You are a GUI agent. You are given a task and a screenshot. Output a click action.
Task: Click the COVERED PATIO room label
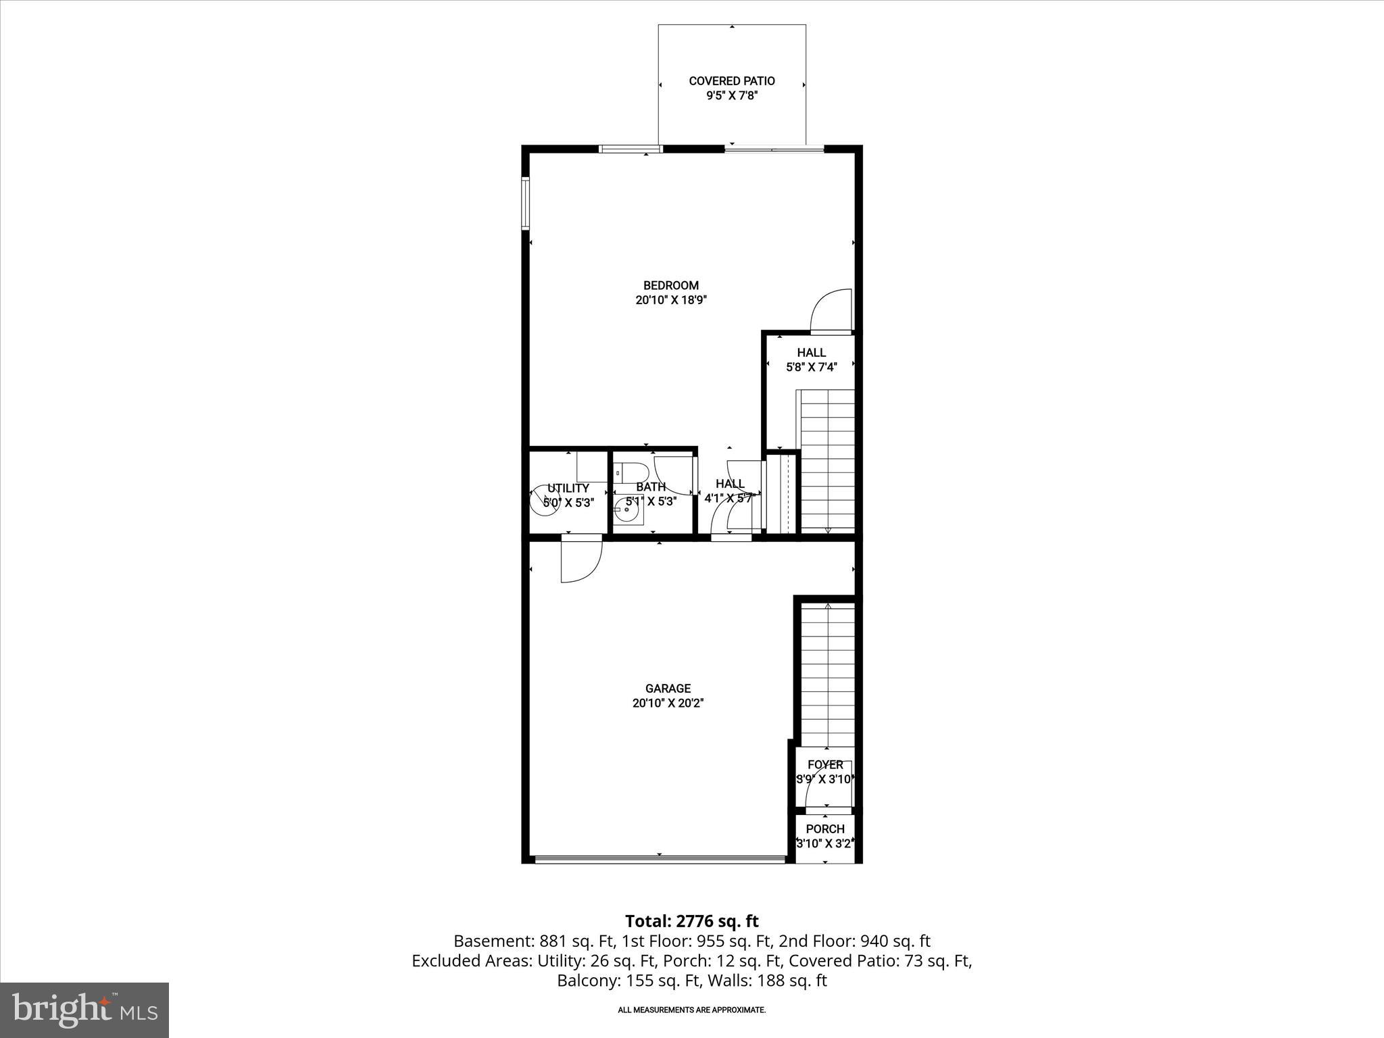click(732, 81)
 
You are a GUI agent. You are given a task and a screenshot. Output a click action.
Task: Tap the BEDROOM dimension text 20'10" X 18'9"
click(670, 300)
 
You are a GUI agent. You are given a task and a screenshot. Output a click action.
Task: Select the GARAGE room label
click(668, 689)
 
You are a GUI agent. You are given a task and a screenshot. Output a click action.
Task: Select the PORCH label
click(825, 829)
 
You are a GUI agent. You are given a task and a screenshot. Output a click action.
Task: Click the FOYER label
click(825, 764)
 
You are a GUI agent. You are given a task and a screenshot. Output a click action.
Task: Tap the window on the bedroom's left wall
click(525, 203)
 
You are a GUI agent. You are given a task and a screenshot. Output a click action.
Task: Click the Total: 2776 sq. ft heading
click(691, 921)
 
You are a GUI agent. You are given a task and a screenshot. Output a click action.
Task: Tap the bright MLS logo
click(84, 1010)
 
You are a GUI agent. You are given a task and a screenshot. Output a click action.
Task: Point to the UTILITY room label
click(568, 488)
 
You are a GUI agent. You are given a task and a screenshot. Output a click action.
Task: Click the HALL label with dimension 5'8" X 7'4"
click(811, 353)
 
